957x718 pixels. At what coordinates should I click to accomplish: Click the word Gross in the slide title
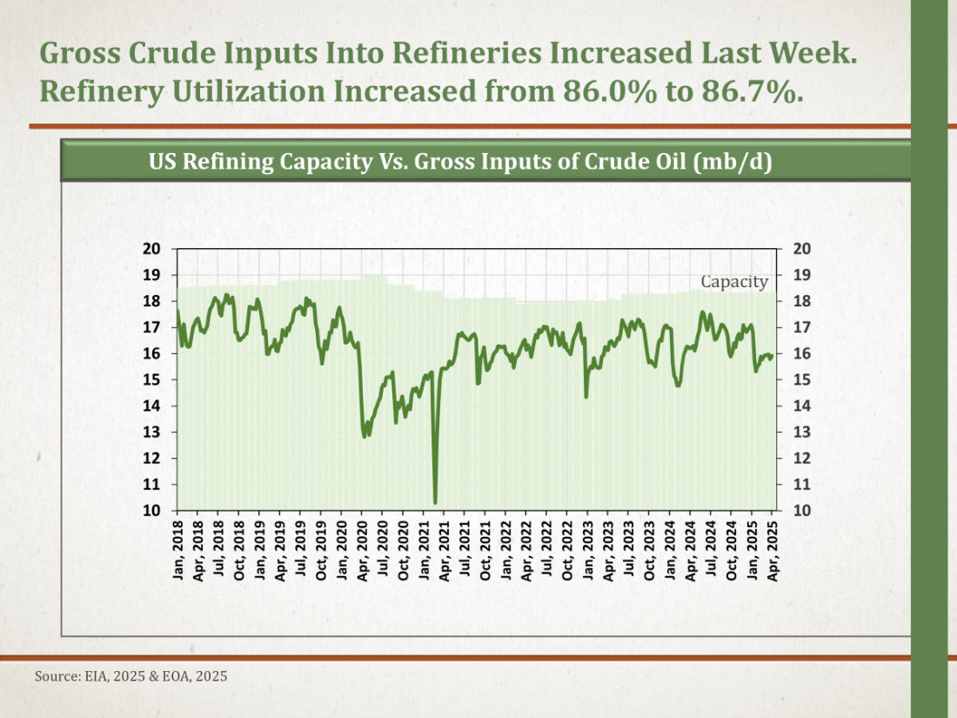point(88,52)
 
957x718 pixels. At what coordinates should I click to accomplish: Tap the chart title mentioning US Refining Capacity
point(460,162)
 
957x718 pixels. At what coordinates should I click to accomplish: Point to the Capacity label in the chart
point(734,281)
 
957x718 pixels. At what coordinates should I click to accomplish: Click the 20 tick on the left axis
point(152,249)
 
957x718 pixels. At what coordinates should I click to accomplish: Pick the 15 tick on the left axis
point(152,379)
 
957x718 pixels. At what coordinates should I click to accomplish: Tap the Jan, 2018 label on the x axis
point(178,549)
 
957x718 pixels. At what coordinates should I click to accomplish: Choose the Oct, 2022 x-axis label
point(569,549)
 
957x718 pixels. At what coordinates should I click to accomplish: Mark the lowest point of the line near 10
point(435,502)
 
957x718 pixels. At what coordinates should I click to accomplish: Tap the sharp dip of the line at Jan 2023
point(586,397)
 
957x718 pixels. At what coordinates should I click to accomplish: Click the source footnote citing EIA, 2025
point(131,675)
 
